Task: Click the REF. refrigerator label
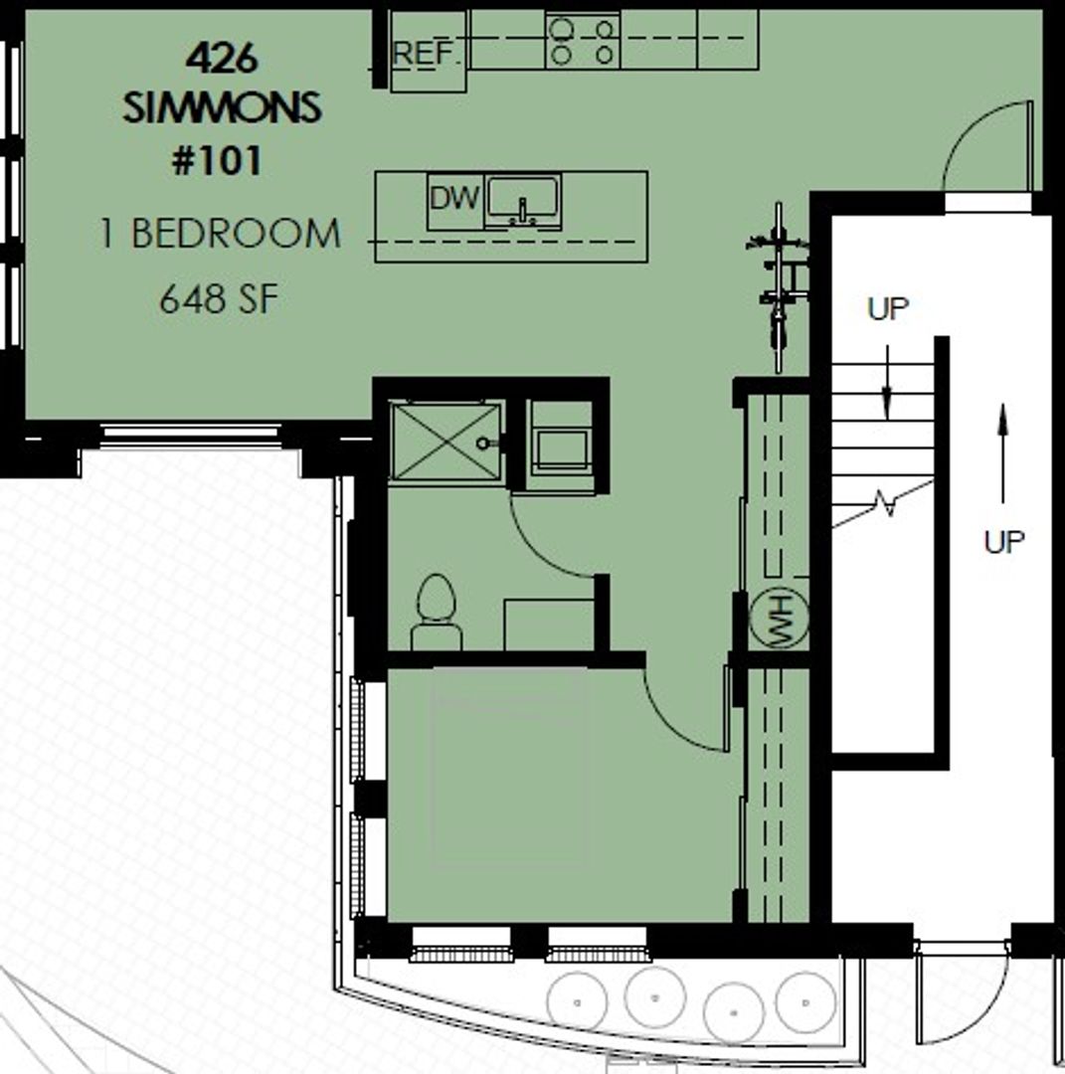pyautogui.click(x=426, y=53)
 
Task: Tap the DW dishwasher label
pyautogui.click(x=454, y=199)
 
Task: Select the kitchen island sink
pyautogui.click(x=523, y=201)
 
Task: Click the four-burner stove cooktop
pyautogui.click(x=583, y=41)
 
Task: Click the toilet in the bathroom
pyautogui.click(x=437, y=612)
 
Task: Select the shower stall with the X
pyautogui.click(x=445, y=441)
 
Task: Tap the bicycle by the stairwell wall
pyautogui.click(x=779, y=287)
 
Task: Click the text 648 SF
pyautogui.click(x=219, y=300)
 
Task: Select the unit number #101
pyautogui.click(x=217, y=162)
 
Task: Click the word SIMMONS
pyautogui.click(x=222, y=108)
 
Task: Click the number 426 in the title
pyautogui.click(x=221, y=58)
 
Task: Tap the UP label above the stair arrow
pyautogui.click(x=888, y=309)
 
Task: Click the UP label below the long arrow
pyautogui.click(x=1004, y=542)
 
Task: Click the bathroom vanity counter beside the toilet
pyautogui.click(x=549, y=625)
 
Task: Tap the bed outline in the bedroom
pyautogui.click(x=508, y=771)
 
